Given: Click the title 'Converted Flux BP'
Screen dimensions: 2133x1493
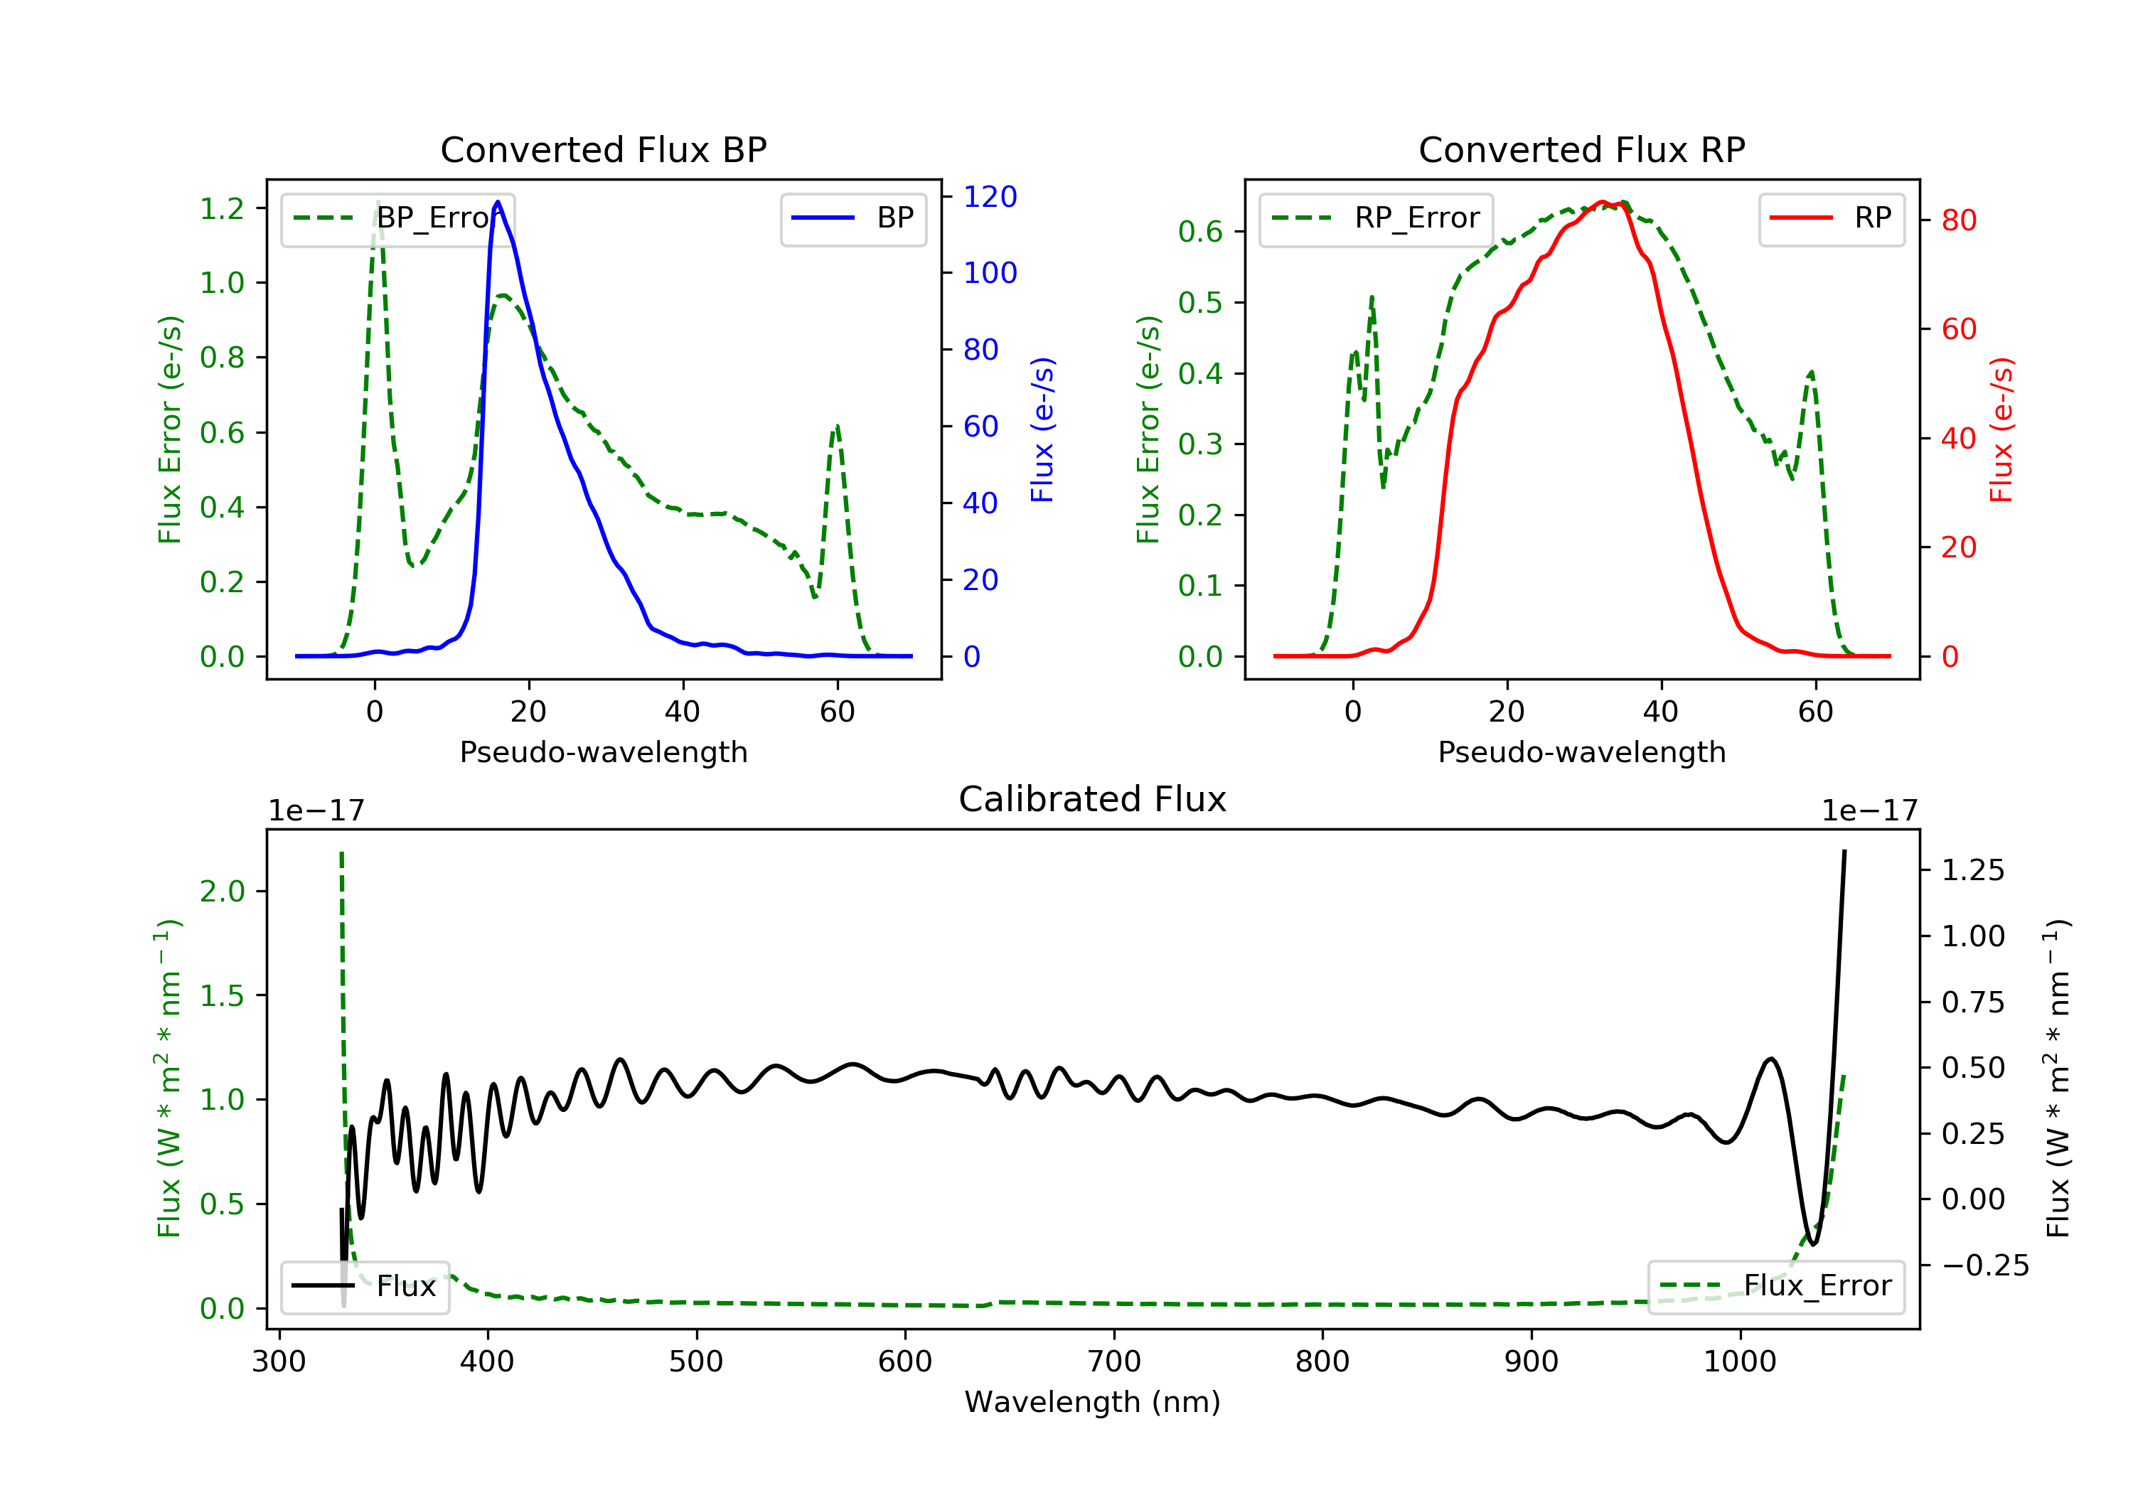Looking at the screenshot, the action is pyautogui.click(x=603, y=149).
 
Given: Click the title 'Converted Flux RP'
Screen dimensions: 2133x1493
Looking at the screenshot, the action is pyautogui.click(x=1581, y=149).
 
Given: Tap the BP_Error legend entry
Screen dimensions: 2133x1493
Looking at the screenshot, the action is pyautogui.click(x=397, y=218).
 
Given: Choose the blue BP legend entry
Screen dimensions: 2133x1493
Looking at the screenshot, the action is pyautogui.click(x=852, y=218).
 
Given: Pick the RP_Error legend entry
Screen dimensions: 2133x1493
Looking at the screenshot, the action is pyautogui.click(x=1375, y=218).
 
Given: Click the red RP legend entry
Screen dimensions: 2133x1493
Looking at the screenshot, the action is pyautogui.click(x=1831, y=218).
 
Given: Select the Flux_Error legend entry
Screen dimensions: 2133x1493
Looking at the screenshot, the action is pyautogui.click(x=1775, y=1286).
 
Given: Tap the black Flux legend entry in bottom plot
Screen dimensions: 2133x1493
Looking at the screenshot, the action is pyautogui.click(x=364, y=1286).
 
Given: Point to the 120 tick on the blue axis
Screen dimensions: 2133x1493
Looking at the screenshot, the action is pyautogui.click(x=990, y=196).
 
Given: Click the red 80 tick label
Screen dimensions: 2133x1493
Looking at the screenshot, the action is pyautogui.click(x=1958, y=220).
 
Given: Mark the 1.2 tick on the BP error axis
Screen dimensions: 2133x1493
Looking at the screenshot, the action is pyautogui.click(x=222, y=208).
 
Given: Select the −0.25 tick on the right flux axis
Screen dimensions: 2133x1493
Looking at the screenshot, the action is pyautogui.click(x=1985, y=1265).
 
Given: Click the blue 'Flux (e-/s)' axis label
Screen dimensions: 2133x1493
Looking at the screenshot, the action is pyautogui.click(x=1042, y=429).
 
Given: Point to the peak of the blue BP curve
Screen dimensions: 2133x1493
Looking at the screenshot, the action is pyautogui.click(x=498, y=202).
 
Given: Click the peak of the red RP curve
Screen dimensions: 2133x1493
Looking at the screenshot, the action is pyautogui.click(x=1602, y=202).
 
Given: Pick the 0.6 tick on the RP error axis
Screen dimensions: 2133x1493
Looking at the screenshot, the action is pyautogui.click(x=1200, y=231).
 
